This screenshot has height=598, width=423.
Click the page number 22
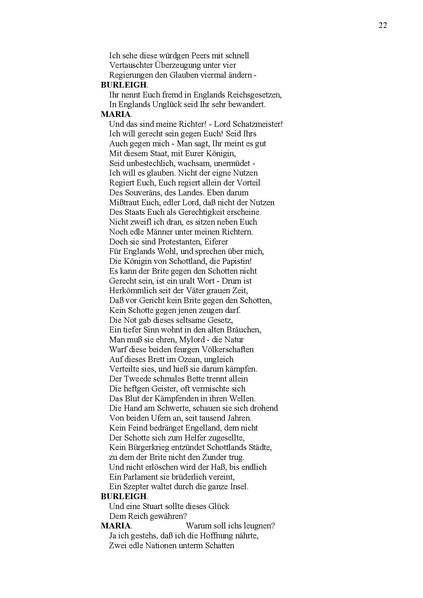tap(383, 25)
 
